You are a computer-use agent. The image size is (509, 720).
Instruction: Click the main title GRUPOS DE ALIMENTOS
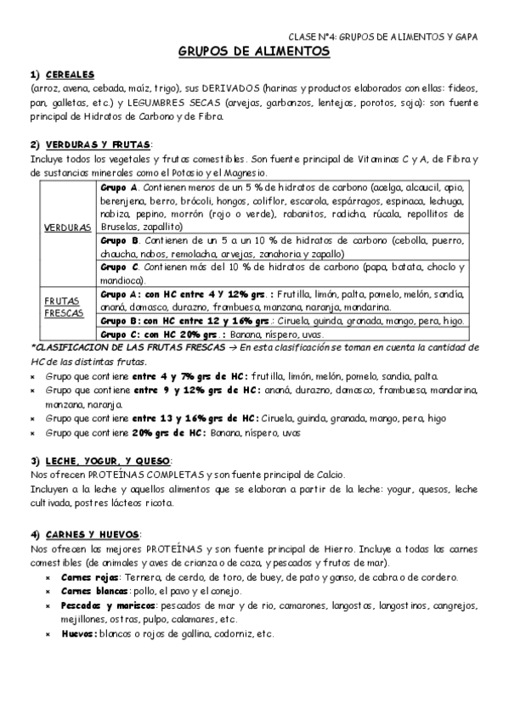254,52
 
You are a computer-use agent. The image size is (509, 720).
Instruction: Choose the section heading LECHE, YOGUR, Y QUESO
105,459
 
